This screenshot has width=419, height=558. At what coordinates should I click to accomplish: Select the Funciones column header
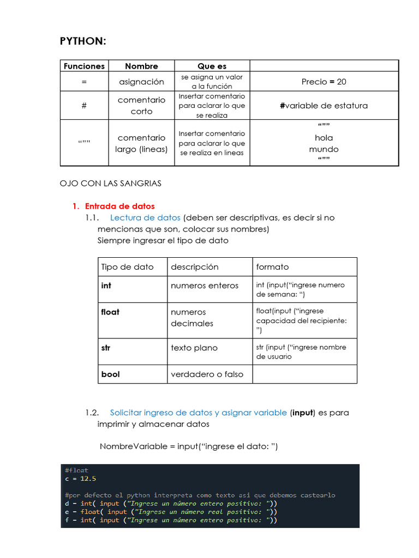(x=84, y=66)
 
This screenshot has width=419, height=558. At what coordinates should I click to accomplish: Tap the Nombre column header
(x=141, y=66)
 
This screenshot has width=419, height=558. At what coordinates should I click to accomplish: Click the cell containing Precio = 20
(x=324, y=82)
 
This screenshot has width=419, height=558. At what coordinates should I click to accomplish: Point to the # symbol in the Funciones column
(x=84, y=106)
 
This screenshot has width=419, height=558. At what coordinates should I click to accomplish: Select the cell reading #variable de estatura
(x=324, y=106)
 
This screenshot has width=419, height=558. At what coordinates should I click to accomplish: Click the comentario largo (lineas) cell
(x=141, y=143)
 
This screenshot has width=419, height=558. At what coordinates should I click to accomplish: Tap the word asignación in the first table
(x=141, y=82)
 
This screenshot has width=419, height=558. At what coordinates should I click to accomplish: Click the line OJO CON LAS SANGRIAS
(x=110, y=183)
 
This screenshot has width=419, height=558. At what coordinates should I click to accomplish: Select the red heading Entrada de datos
(x=119, y=206)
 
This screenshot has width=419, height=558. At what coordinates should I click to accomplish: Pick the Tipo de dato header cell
(x=127, y=266)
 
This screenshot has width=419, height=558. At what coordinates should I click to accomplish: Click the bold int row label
(x=106, y=285)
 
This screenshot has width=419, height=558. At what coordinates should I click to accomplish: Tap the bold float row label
(x=110, y=312)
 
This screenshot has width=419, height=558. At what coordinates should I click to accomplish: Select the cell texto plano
(x=194, y=348)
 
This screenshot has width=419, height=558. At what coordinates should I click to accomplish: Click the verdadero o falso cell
(x=207, y=374)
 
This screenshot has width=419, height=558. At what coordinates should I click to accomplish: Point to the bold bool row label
(x=110, y=374)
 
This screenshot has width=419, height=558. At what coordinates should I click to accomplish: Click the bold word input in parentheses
(x=302, y=413)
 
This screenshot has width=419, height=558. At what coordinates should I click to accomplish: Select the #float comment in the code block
(x=76, y=470)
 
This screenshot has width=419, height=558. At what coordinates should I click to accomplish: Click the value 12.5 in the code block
(x=88, y=478)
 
